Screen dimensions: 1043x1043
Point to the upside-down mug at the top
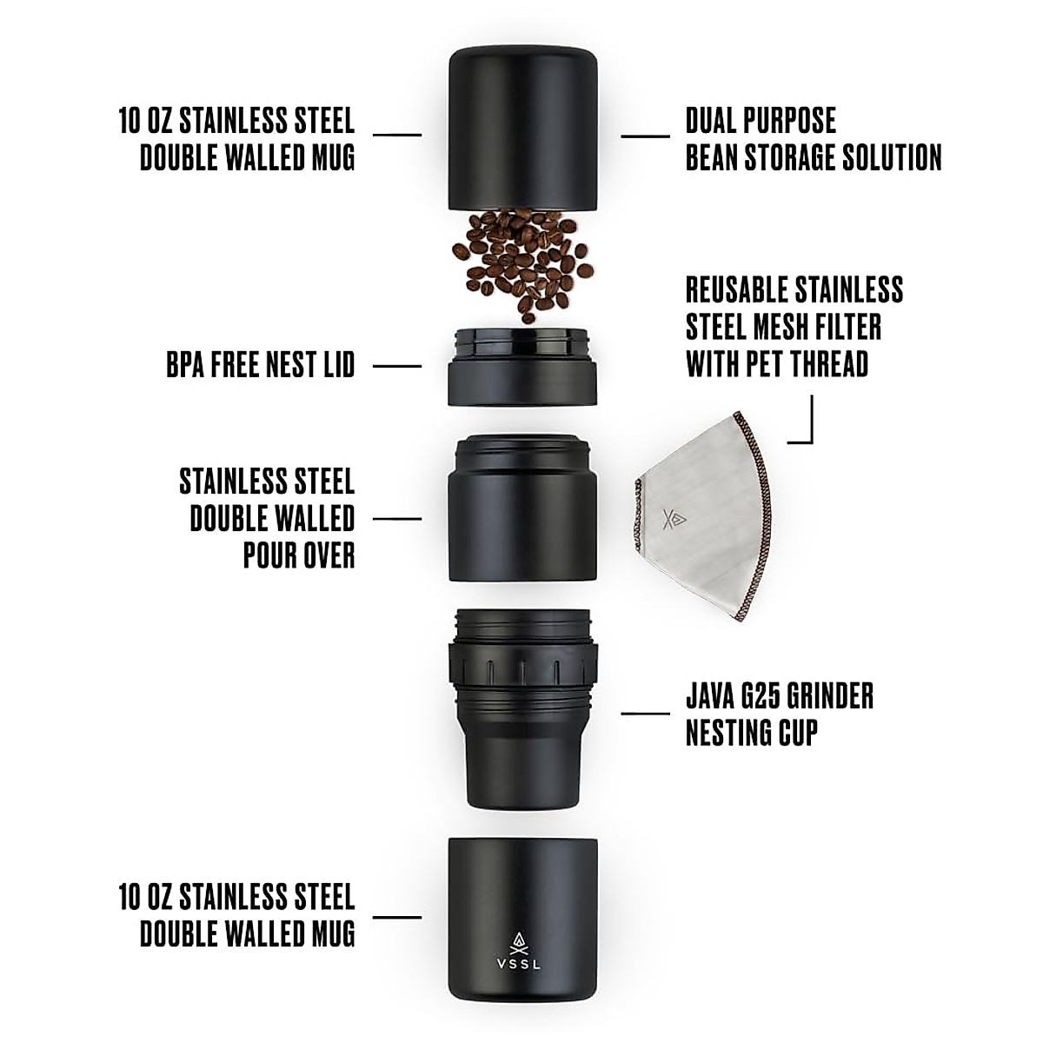click(x=522, y=130)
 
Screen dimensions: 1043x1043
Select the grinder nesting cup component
click(x=522, y=708)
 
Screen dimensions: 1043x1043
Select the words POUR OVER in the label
click(x=299, y=556)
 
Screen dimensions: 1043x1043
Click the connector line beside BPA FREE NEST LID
click(x=397, y=366)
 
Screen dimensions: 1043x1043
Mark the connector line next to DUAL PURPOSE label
click(x=645, y=136)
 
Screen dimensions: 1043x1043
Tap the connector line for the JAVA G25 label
click(x=645, y=714)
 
